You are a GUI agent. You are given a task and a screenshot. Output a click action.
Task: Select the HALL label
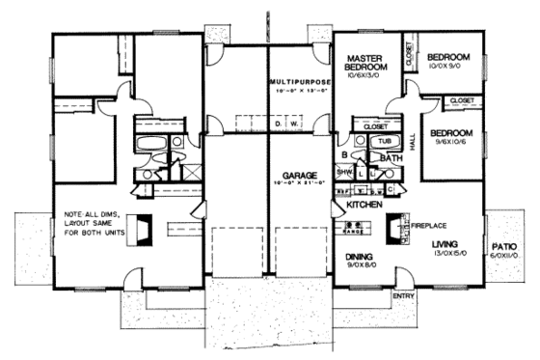coord(413,140)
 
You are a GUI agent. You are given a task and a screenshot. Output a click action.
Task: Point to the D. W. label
coord(285,125)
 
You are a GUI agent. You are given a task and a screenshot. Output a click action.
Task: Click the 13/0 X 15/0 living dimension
coord(449,256)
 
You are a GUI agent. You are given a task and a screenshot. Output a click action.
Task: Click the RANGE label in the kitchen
coord(353,233)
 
